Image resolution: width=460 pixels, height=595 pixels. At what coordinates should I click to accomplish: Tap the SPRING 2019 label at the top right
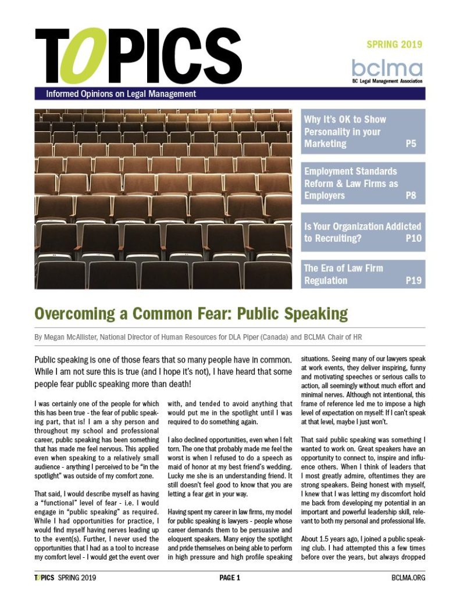click(x=394, y=44)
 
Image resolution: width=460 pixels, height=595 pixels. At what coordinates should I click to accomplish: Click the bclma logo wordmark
click(x=387, y=66)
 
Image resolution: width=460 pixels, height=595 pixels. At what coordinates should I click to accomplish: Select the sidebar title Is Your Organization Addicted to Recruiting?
click(x=355, y=232)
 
